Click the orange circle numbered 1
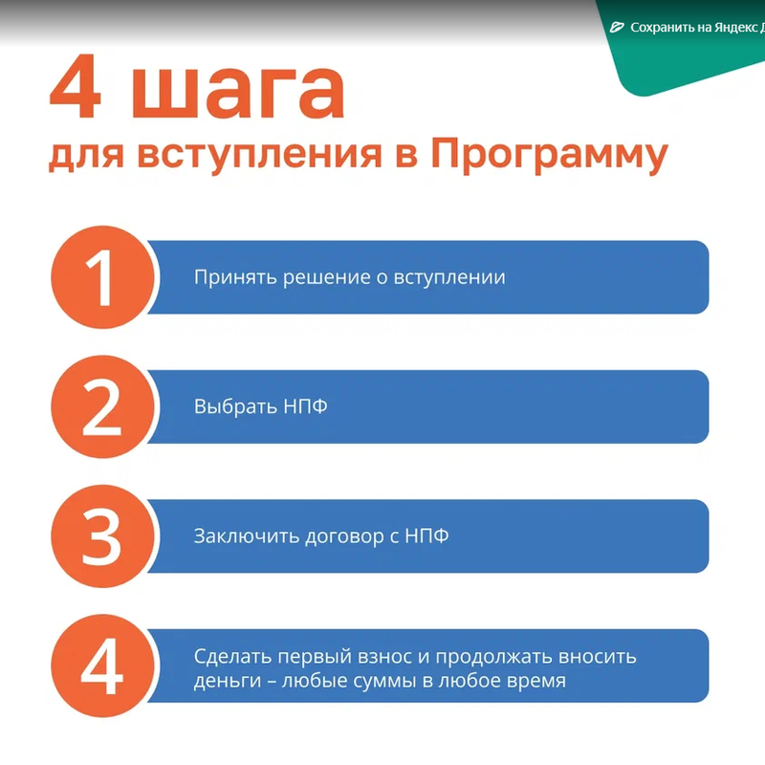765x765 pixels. tap(102, 277)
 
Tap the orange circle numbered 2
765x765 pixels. tap(102, 406)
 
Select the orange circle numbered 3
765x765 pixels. tap(102, 536)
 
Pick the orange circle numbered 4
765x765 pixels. tap(102, 666)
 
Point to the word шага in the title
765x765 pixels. tap(238, 93)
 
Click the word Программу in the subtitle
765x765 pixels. tap(549, 156)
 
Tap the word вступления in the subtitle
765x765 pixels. tap(259, 156)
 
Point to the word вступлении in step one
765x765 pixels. tap(449, 277)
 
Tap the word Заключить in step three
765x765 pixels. tap(247, 535)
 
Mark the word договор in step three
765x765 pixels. tap(345, 536)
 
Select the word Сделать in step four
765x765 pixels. tap(232, 657)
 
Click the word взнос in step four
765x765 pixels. tap(387, 658)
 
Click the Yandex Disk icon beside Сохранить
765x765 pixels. tap(617, 28)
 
